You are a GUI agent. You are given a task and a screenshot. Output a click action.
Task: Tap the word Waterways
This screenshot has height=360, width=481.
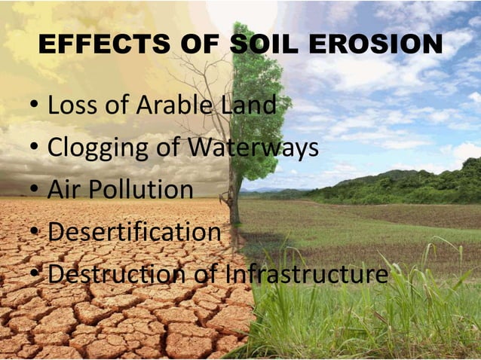[253, 148]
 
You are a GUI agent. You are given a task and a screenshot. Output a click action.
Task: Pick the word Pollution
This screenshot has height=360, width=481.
[141, 190]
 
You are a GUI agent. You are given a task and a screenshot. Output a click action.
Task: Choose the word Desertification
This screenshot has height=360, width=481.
[134, 232]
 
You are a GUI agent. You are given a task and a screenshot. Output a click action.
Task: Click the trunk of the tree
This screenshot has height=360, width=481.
[234, 200]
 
